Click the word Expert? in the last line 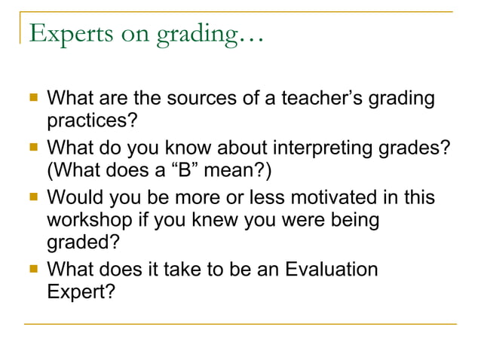(x=81, y=291)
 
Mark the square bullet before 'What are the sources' (x=32, y=98)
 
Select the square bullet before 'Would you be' (x=32, y=197)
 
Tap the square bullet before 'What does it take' (x=32, y=268)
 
